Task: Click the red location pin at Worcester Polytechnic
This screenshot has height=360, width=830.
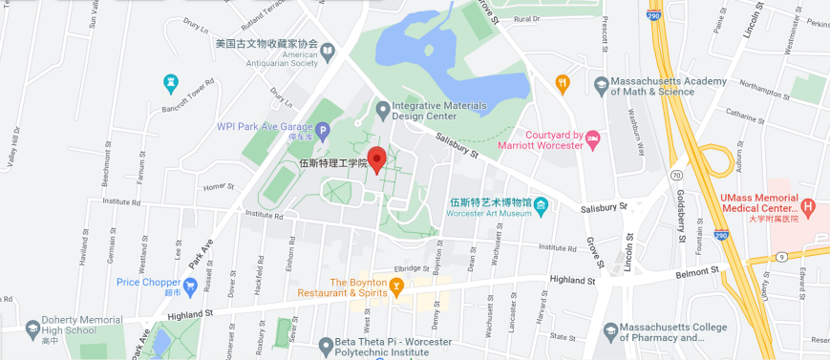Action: (x=376, y=159)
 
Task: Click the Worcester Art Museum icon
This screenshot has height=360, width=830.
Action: (x=542, y=204)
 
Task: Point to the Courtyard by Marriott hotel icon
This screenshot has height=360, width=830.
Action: (x=593, y=139)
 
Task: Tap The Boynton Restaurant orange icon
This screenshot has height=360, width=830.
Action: (x=397, y=285)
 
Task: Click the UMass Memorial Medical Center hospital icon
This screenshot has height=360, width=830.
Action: (x=808, y=205)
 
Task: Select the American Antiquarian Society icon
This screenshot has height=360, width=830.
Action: (x=328, y=50)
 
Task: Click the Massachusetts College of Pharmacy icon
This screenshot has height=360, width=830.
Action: (x=612, y=330)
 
